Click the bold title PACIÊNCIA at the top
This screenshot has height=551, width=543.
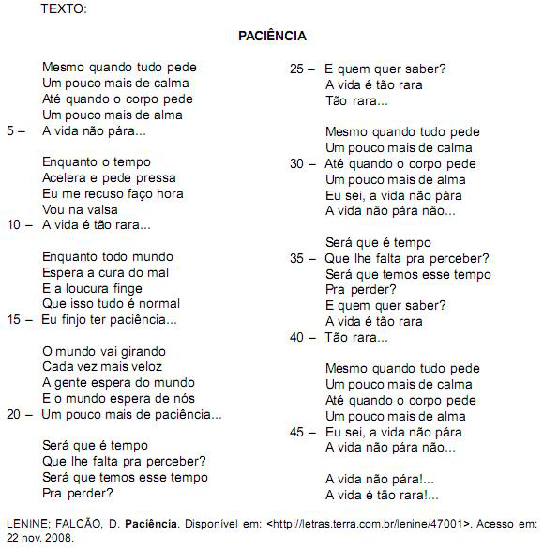(x=272, y=36)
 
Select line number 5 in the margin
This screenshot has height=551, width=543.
(x=10, y=130)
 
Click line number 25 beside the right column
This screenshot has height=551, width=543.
(x=296, y=69)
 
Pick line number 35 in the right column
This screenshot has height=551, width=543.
(x=296, y=258)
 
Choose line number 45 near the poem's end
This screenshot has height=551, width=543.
(x=296, y=433)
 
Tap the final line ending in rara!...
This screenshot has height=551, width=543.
(x=381, y=496)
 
